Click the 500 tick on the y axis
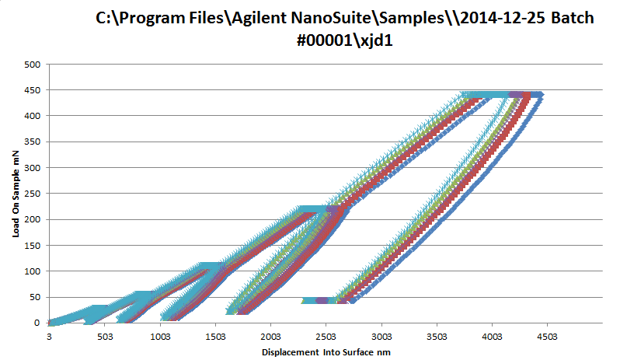click(32, 65)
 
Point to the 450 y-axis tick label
click(32, 90)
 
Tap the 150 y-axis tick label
click(32, 245)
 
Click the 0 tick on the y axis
click(37, 322)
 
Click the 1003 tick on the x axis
click(160, 337)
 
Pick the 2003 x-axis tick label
click(270, 337)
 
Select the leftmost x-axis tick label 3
click(50, 337)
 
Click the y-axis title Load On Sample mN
click(15, 194)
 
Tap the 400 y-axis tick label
click(32, 116)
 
